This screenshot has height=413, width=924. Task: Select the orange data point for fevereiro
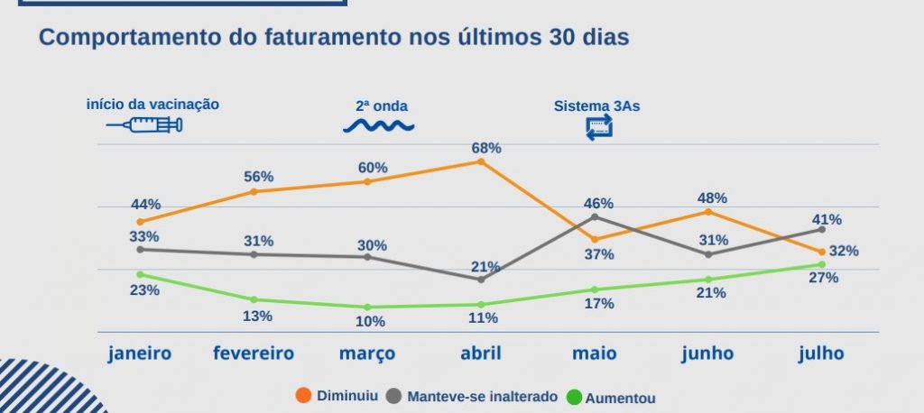254,191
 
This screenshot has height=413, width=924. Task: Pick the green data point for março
367,307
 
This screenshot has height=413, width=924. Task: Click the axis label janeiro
140,353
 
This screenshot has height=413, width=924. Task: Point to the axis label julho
821,353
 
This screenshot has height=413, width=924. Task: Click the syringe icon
145,125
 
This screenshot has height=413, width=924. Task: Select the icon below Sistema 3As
598,127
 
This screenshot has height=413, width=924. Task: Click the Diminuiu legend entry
338,396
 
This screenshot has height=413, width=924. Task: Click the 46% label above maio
598,203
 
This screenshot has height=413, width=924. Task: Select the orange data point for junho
708,212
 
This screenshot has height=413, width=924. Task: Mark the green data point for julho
821,264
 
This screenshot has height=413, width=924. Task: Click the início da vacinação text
152,104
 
